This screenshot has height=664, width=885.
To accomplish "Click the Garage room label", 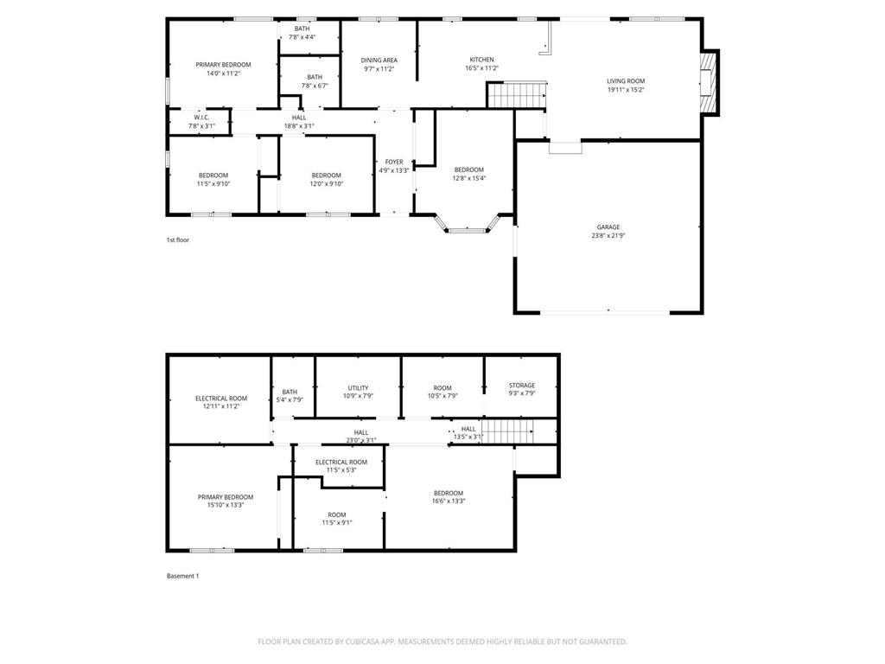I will click(x=608, y=227).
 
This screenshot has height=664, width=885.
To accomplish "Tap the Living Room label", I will click(x=626, y=81).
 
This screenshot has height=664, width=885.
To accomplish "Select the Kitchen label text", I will click(x=481, y=60).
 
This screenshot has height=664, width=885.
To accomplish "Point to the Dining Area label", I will click(x=379, y=61).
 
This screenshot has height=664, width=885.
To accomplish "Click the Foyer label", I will click(x=394, y=162).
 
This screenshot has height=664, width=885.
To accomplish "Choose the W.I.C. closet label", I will click(x=201, y=118).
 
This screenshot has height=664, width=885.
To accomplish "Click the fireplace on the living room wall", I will click(x=708, y=82).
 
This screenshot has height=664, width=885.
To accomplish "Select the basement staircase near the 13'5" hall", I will click(x=506, y=429).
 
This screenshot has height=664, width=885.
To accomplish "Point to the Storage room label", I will click(x=521, y=386).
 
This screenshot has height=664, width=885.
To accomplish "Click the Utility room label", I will click(x=358, y=388).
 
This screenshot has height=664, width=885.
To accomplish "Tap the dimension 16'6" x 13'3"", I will click(x=449, y=501).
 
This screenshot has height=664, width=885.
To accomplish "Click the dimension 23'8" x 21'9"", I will click(x=608, y=235).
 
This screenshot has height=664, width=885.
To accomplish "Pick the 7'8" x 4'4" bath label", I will click(x=302, y=33).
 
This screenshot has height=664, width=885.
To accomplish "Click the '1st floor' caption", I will click(x=177, y=239).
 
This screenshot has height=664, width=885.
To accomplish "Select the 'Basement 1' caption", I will click(x=182, y=576).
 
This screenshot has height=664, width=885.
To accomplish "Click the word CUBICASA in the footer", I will click(x=361, y=642).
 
